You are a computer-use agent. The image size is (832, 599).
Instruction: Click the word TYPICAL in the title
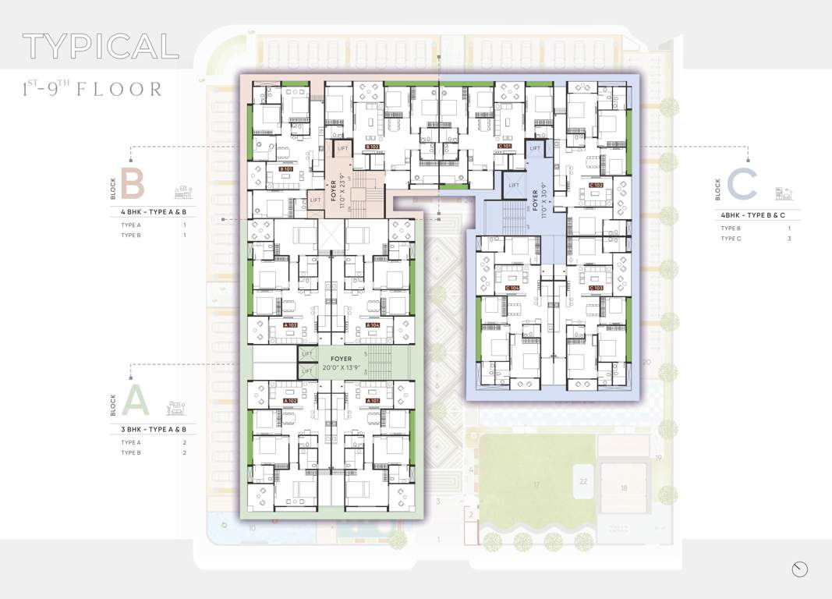coord(101,47)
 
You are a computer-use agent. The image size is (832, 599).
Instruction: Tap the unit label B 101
coord(287,168)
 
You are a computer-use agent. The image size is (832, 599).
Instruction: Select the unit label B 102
coord(372,147)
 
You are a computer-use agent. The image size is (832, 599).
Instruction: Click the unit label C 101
coord(504,146)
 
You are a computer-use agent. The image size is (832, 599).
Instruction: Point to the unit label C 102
coord(597,185)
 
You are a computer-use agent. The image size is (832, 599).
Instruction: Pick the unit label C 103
coord(596,288)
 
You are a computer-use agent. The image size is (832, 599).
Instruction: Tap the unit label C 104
coord(512,288)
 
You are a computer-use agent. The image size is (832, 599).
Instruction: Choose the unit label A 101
coord(373,400)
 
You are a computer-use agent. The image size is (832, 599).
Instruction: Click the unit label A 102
coord(290,400)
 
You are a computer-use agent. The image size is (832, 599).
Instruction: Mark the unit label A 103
coord(290,324)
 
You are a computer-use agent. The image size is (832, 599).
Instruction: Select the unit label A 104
coord(373,324)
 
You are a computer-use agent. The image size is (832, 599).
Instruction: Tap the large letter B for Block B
coord(133,186)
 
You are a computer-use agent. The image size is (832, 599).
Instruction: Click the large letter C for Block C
coord(742,186)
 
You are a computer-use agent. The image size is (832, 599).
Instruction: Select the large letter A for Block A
coord(134,402)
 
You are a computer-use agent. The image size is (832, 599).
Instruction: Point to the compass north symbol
coord(799,570)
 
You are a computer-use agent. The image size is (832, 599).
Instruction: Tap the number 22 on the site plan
coord(583,481)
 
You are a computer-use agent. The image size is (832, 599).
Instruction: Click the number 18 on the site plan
coord(624,487)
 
